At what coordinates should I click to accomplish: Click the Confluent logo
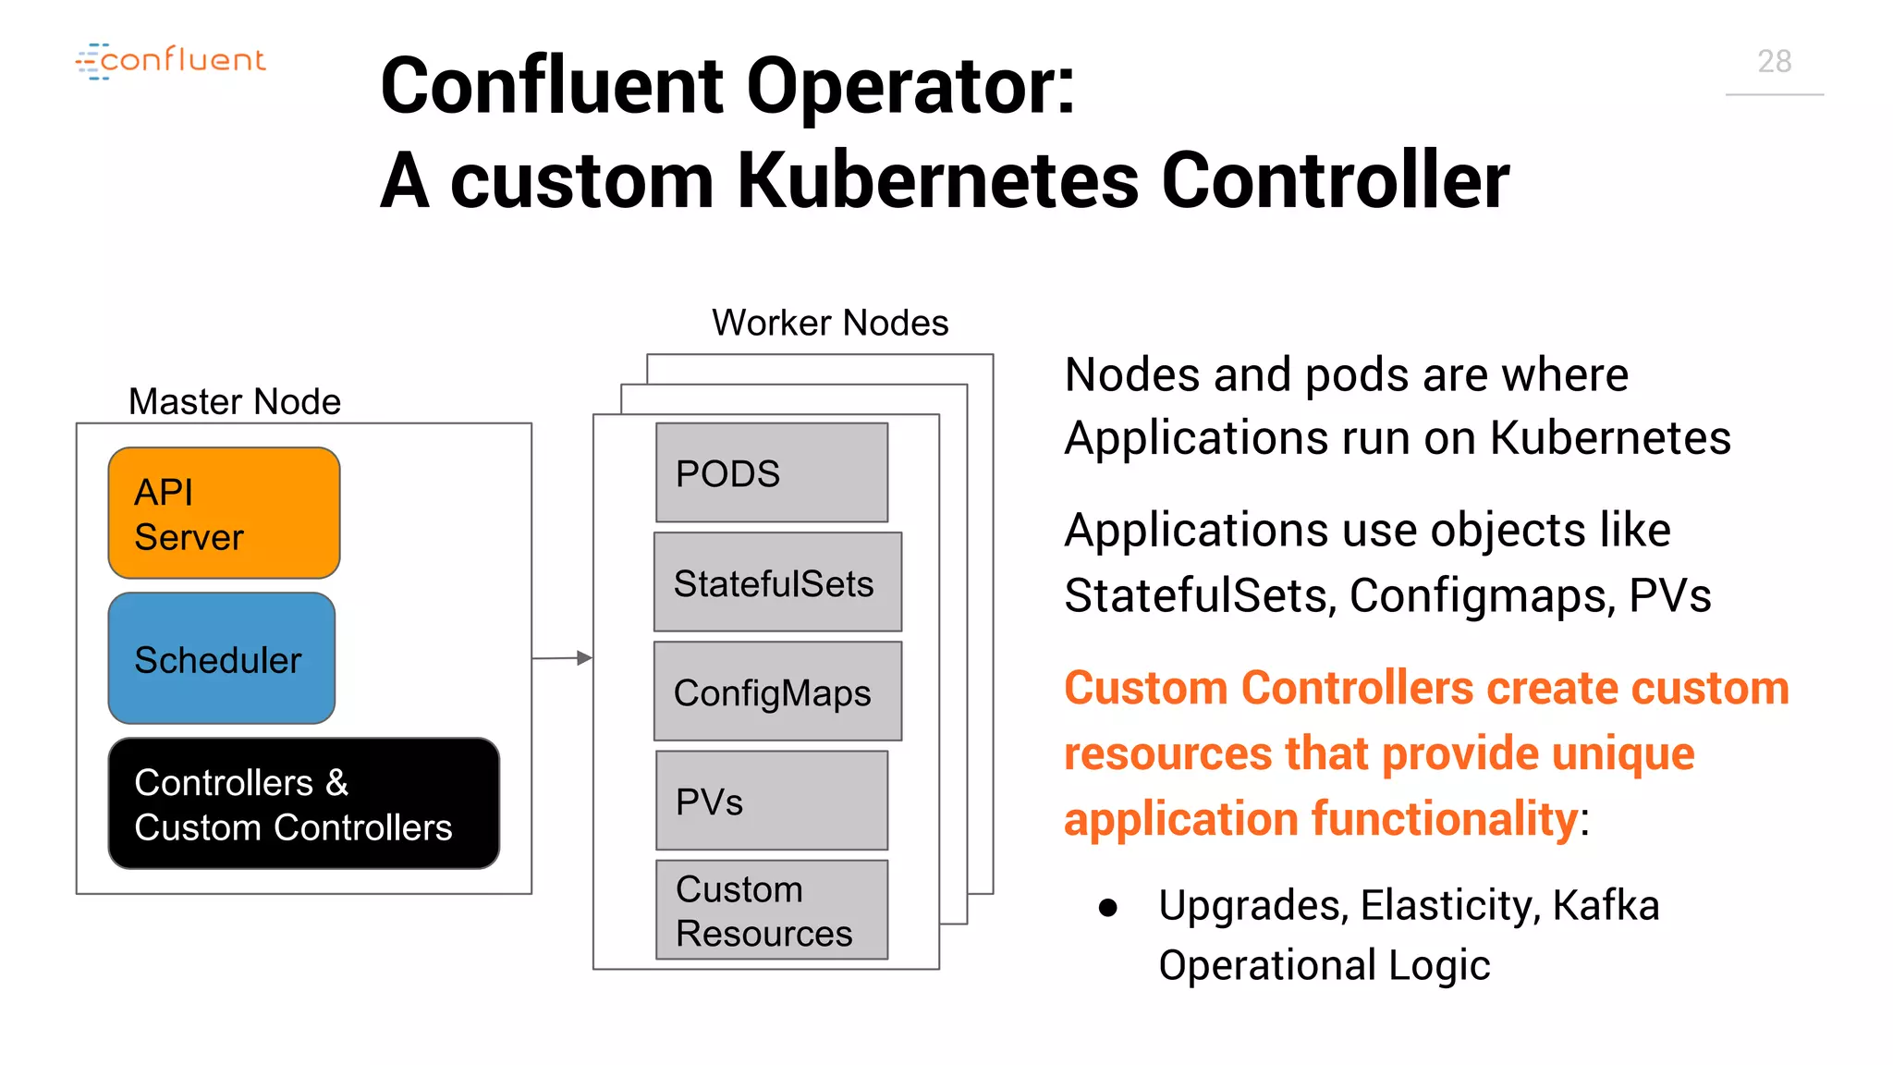click(x=171, y=61)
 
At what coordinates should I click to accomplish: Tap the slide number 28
click(x=1774, y=62)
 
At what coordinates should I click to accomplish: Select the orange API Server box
click(x=224, y=513)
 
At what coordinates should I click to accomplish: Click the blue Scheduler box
click(x=222, y=658)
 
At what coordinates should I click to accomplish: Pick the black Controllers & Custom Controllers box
click(x=303, y=803)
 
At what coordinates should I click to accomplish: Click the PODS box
click(x=772, y=472)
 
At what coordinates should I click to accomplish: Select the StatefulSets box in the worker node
click(x=777, y=582)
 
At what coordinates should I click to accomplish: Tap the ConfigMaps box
click(x=777, y=692)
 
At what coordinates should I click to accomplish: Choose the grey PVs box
click(x=772, y=801)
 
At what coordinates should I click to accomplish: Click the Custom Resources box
click(x=772, y=910)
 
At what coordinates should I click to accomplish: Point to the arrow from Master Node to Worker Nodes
click(x=563, y=658)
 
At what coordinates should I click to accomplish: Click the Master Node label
click(x=235, y=401)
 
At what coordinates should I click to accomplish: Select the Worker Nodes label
click(x=830, y=323)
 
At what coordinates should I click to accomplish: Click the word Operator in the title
click(x=910, y=86)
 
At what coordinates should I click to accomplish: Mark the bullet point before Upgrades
click(x=1108, y=908)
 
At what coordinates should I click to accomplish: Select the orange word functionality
click(x=1445, y=819)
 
